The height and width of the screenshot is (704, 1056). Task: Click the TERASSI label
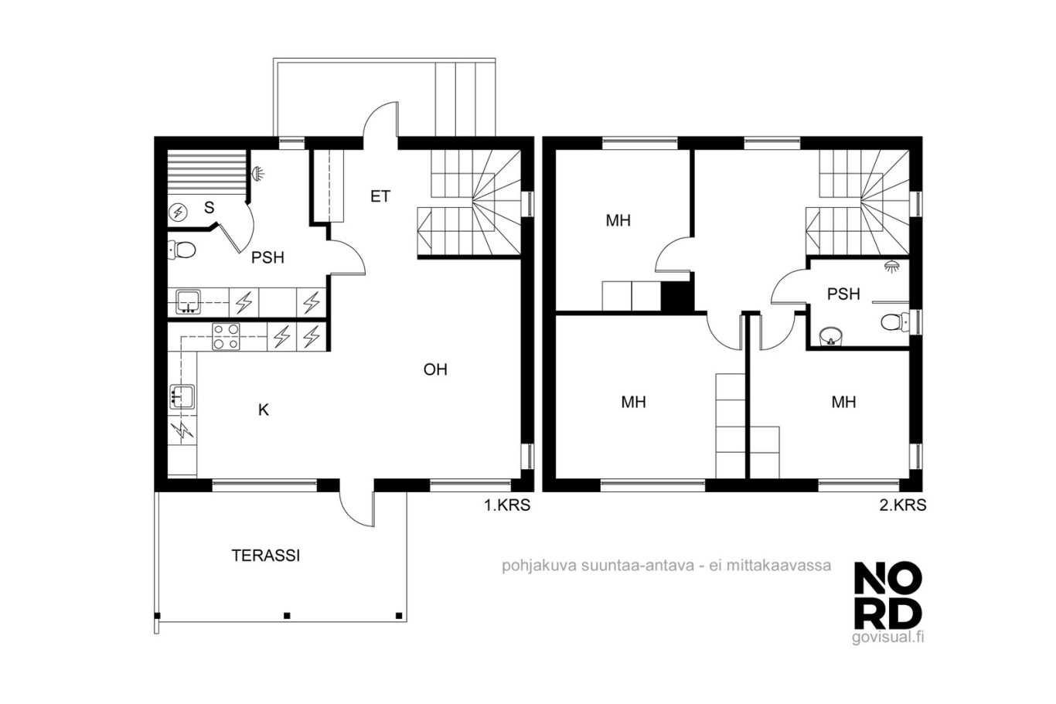[x=265, y=556]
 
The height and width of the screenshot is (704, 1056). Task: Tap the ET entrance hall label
[x=380, y=196]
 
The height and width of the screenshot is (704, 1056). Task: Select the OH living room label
[x=435, y=370]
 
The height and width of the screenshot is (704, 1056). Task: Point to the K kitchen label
[x=264, y=410]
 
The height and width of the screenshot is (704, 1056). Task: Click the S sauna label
[x=209, y=207]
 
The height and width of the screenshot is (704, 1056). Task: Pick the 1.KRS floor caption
[x=507, y=505]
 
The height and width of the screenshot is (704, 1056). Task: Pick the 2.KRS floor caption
[x=902, y=505]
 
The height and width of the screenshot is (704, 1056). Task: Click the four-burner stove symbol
[x=226, y=337]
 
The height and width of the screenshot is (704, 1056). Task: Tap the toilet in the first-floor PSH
[x=182, y=250]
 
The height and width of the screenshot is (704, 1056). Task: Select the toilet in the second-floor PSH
[x=894, y=323]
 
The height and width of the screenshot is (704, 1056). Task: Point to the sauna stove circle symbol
[x=179, y=213]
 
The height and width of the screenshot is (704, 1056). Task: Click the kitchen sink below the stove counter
[x=182, y=396]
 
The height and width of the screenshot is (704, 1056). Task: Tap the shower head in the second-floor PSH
[x=891, y=267]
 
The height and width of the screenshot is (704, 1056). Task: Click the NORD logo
[x=888, y=596]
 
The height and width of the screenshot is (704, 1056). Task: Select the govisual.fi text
[x=887, y=638]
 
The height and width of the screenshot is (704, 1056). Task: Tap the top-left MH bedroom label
[x=618, y=220]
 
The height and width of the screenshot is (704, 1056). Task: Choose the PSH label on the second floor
[x=843, y=294]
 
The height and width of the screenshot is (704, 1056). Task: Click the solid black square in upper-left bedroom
[x=677, y=297]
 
